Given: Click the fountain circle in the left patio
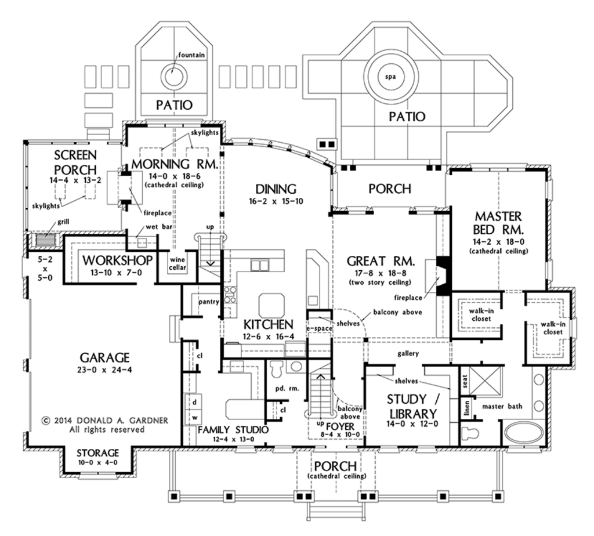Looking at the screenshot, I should [172, 75].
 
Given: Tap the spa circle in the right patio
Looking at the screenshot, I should [391, 76].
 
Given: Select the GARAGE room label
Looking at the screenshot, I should [105, 357].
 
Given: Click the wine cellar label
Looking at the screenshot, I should [178, 263].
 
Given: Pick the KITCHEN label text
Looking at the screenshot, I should [268, 324].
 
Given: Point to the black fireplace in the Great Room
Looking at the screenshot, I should [443, 276].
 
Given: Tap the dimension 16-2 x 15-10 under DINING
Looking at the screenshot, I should [276, 202].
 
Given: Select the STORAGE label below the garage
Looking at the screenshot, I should [98, 452].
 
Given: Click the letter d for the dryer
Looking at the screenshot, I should [195, 401].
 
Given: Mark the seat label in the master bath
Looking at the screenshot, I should [465, 381].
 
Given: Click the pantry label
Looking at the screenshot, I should [208, 302].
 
